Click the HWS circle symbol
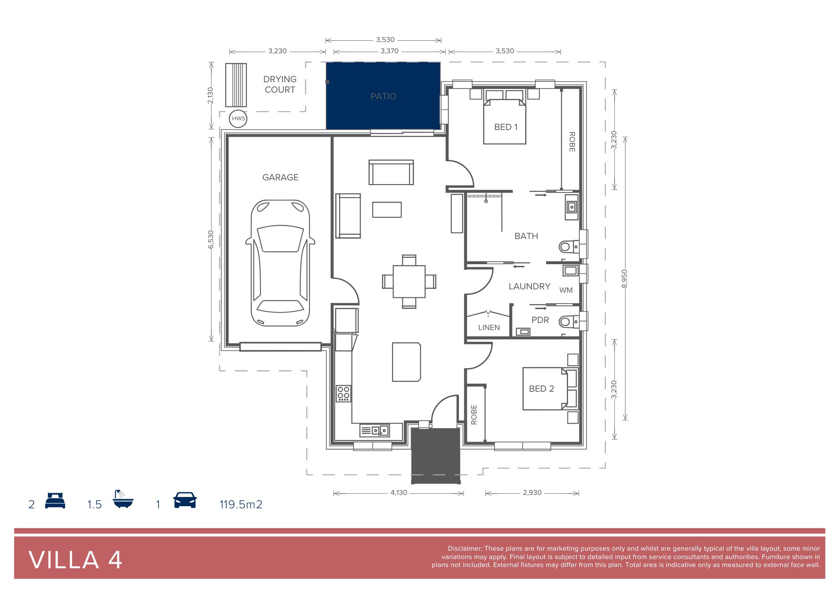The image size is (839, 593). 238,118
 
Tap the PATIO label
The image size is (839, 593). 383,96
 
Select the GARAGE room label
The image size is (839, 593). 280,177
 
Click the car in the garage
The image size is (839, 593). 280,263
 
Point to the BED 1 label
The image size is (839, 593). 506,127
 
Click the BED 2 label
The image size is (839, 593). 542,389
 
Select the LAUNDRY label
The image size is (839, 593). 529,286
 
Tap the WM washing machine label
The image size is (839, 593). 566,290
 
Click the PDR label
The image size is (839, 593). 540,320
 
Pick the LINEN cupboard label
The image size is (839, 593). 489,328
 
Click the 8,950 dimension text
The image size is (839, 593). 625,278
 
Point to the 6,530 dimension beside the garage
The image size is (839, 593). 211,239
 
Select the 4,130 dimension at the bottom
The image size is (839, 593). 399,493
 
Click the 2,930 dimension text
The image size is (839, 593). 532,493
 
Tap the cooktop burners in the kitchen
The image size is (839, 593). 344,393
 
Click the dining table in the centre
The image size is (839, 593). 409,281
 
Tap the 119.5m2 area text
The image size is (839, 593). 241,504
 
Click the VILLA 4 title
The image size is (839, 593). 76,560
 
